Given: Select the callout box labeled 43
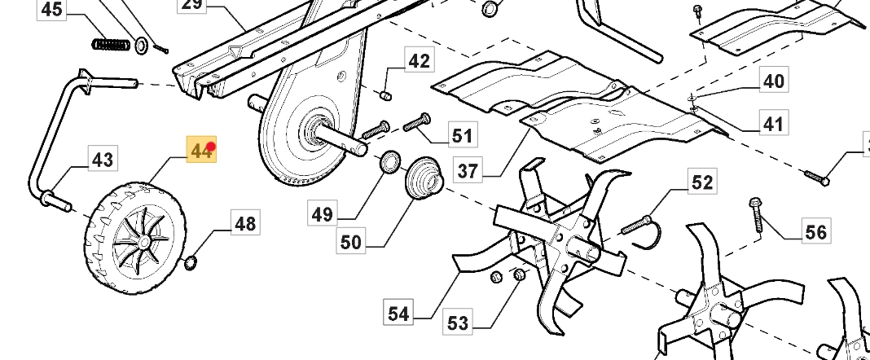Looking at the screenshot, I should click(x=102, y=160).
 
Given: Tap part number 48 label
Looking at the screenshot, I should click(x=245, y=222).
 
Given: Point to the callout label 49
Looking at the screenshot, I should click(x=323, y=214).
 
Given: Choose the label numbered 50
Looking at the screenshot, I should click(x=351, y=242).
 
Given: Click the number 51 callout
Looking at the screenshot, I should click(x=462, y=134).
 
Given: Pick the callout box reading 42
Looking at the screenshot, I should click(x=419, y=61).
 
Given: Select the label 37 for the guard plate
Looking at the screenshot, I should click(x=468, y=171).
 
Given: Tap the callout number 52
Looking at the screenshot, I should click(x=701, y=182).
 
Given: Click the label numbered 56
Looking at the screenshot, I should click(x=815, y=232).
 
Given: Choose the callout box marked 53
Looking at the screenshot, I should click(x=458, y=323).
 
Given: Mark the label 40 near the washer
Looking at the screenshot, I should click(x=773, y=81).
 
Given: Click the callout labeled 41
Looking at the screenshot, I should click(x=772, y=124).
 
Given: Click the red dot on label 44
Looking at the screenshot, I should click(x=211, y=147).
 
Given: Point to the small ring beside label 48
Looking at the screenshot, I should click(x=191, y=262).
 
